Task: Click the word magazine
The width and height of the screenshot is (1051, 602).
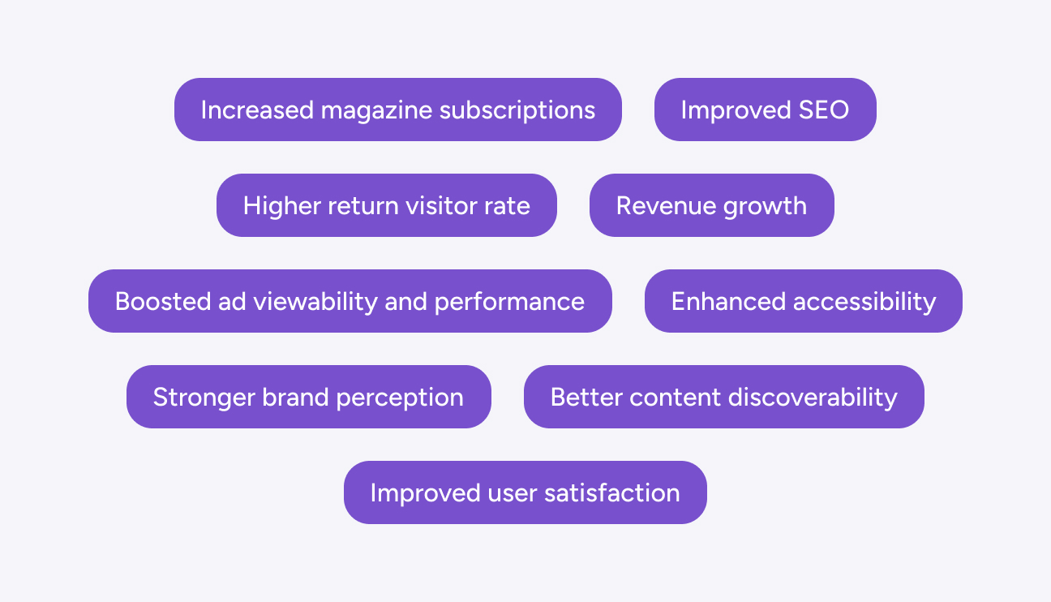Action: [x=376, y=111]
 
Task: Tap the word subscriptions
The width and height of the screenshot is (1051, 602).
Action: [x=517, y=111]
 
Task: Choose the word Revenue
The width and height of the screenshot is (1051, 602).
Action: [x=666, y=206]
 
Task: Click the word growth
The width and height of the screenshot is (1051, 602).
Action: [x=765, y=207]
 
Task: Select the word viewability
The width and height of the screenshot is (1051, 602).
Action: [x=315, y=303]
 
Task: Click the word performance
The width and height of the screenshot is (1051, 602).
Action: [x=509, y=303]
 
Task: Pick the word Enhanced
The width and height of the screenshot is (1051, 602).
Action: [x=728, y=302]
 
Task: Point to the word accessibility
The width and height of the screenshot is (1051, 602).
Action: [x=864, y=303]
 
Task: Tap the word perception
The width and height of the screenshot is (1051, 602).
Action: [x=400, y=398]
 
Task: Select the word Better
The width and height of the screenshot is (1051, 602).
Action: [x=586, y=398]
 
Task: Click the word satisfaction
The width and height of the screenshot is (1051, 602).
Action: [x=611, y=493]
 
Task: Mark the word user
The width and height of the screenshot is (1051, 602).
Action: [x=512, y=494]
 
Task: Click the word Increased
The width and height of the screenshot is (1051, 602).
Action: [x=257, y=110]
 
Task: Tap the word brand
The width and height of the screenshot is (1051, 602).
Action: [x=295, y=398]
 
